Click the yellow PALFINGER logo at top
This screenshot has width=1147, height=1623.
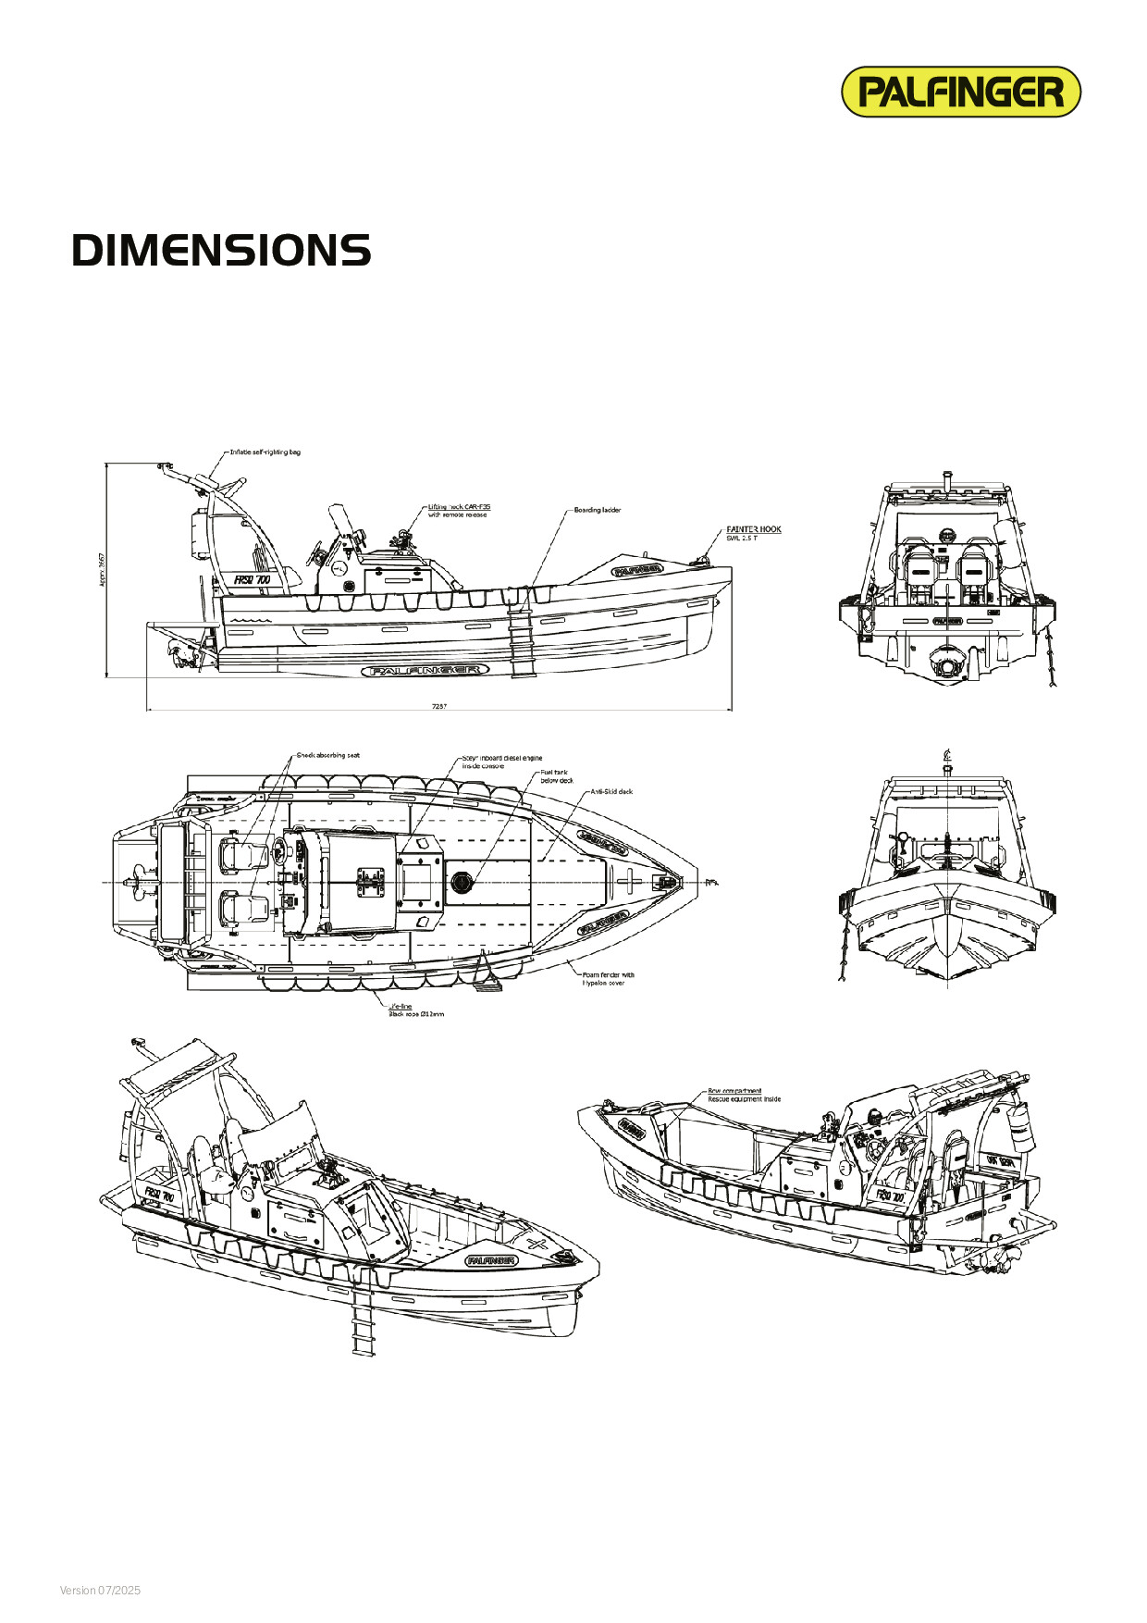coord(960,92)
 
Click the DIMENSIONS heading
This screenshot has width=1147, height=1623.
coord(221,251)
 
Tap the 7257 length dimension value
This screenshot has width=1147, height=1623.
coord(439,706)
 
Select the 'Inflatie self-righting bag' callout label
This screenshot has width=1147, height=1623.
coord(265,452)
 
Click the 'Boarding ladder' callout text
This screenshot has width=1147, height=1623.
coord(598,510)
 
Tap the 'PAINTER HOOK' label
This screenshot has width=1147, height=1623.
coord(754,529)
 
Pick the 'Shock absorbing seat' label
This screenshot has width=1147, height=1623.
coord(327,755)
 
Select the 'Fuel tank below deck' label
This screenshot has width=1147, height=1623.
coord(556,776)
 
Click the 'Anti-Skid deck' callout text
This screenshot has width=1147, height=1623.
coord(611,792)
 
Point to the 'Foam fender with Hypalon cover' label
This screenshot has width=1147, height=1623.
coord(608,978)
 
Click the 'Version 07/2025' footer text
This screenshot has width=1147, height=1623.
coord(100,1591)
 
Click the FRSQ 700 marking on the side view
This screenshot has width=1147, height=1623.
coord(252,580)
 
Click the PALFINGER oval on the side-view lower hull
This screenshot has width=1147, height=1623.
coord(424,670)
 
